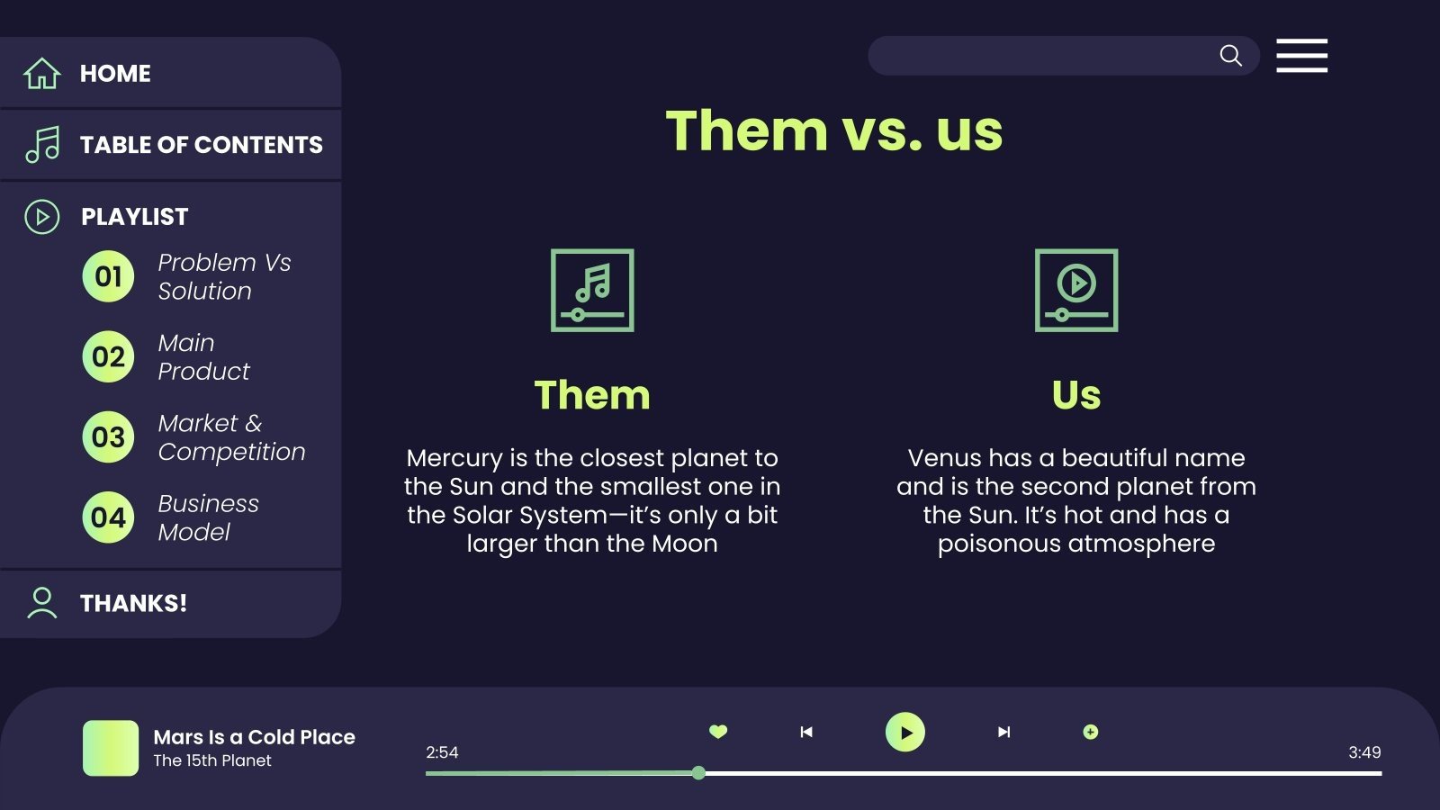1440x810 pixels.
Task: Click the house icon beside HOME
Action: [x=41, y=73]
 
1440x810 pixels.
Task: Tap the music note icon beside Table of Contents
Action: [x=42, y=144]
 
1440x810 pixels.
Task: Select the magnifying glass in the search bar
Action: [x=1230, y=56]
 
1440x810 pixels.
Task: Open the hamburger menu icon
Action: [x=1301, y=56]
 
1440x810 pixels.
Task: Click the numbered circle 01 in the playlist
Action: [x=108, y=276]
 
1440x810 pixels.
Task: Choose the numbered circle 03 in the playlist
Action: [x=108, y=437]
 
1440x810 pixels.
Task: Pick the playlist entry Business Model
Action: [x=208, y=517]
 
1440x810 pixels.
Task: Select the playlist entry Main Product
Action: [x=203, y=356]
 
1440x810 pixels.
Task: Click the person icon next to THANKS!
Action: [x=41, y=603]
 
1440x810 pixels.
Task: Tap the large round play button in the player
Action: [x=905, y=732]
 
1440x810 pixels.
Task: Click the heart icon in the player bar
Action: [x=718, y=732]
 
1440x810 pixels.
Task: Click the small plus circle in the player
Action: [x=1090, y=732]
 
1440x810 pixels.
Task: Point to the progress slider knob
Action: [x=698, y=773]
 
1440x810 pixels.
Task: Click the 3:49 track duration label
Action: [x=1364, y=752]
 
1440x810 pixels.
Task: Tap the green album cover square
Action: [x=111, y=748]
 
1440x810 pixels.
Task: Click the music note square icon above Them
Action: [x=592, y=290]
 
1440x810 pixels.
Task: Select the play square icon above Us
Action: [x=1076, y=290]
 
